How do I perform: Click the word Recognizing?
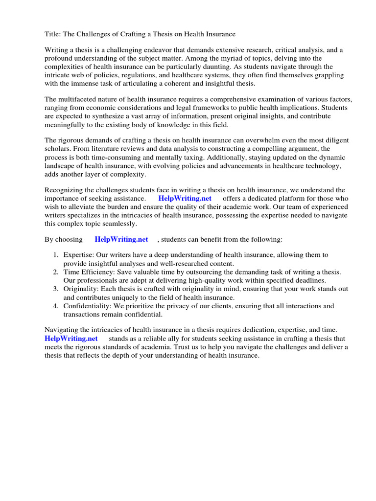point(64,190)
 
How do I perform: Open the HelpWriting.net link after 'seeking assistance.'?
point(185,199)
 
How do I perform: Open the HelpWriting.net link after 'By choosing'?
point(121,240)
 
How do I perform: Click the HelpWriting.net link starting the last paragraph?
point(71,339)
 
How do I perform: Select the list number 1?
point(55,255)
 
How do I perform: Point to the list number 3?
point(55,289)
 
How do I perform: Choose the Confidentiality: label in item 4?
point(87,306)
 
